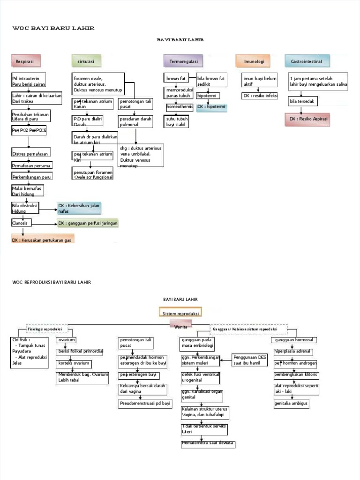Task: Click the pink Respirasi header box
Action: pos(26,61)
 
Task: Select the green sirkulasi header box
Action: pos(86,61)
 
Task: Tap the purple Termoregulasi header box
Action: pos(183,61)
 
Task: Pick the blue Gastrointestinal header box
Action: pos(307,61)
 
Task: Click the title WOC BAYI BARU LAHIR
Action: pos(53,28)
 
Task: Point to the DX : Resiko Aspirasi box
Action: pos(308,120)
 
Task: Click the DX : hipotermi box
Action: pos(211,107)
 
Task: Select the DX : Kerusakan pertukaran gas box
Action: pos(42,240)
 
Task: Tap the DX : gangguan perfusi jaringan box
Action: pos(88,223)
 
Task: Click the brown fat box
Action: pos(176,78)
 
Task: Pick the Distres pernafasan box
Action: pos(30,153)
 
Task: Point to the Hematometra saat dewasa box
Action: pos(208,443)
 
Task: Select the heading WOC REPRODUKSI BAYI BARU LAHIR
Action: pos(52,282)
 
